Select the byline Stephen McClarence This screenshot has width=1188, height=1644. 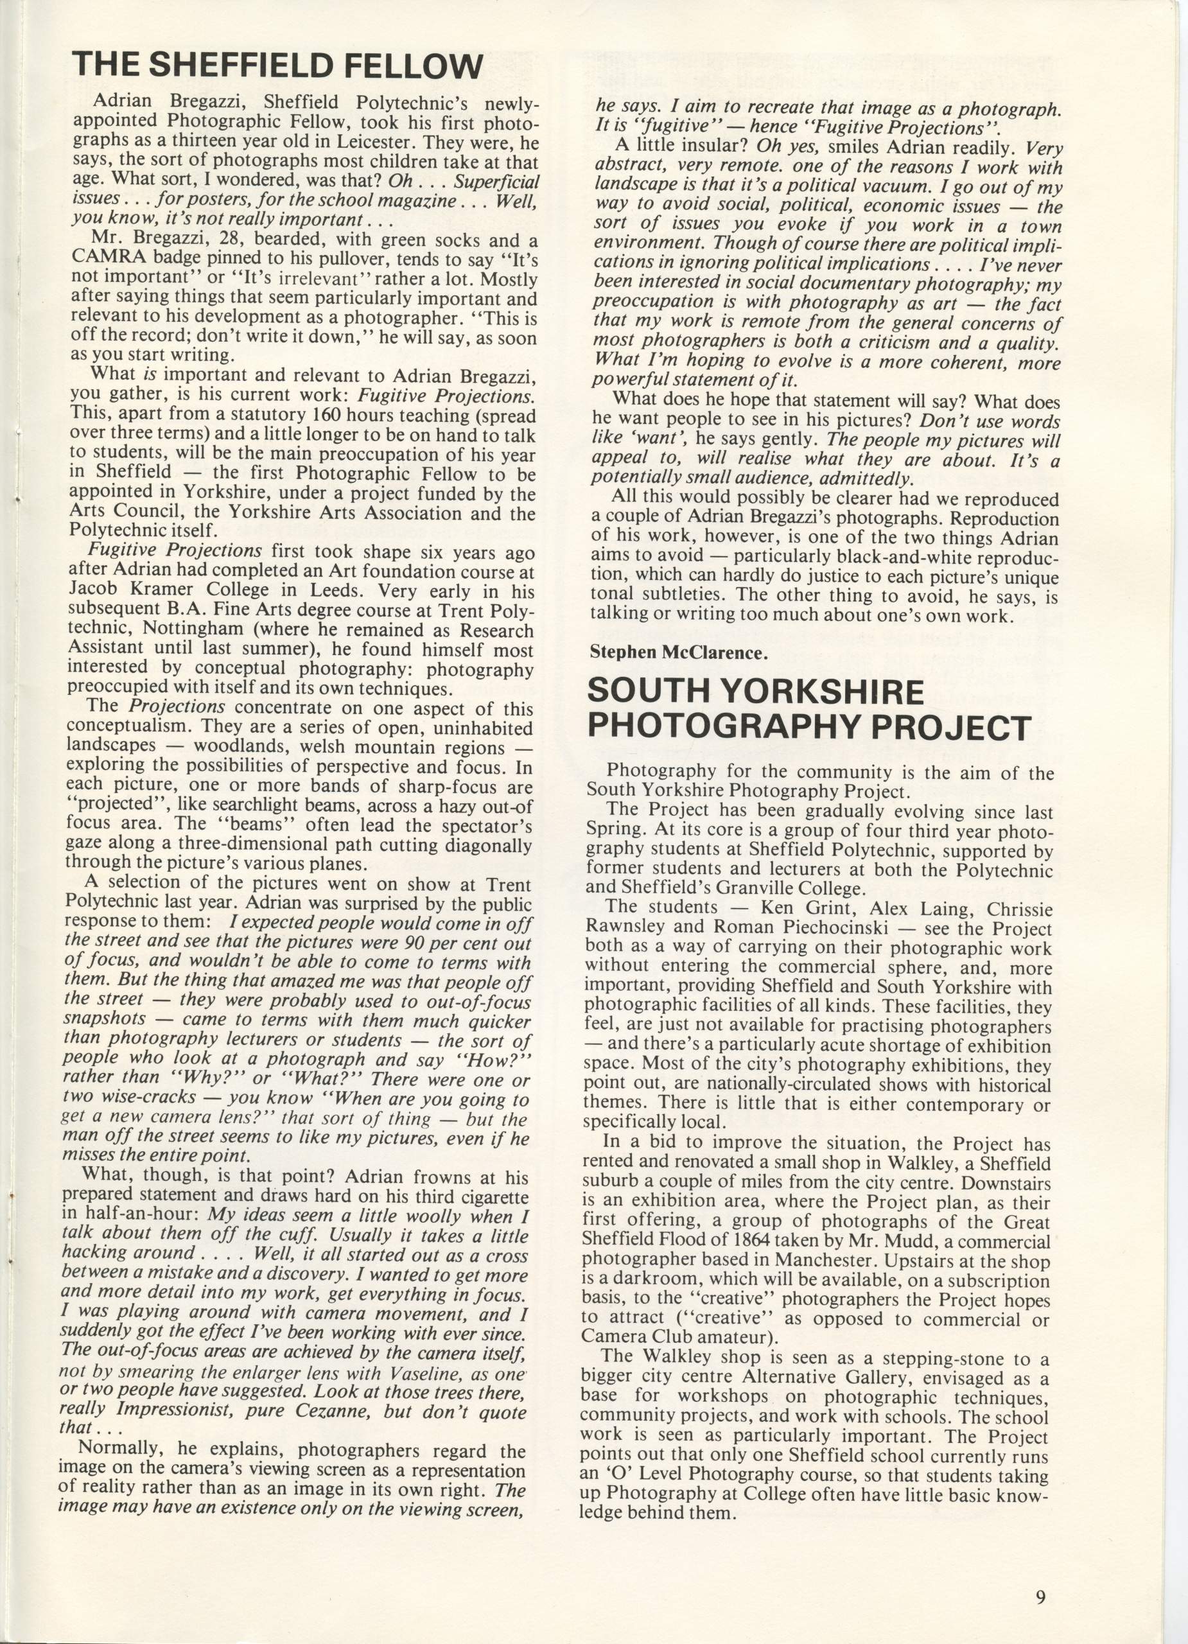coord(677,652)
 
